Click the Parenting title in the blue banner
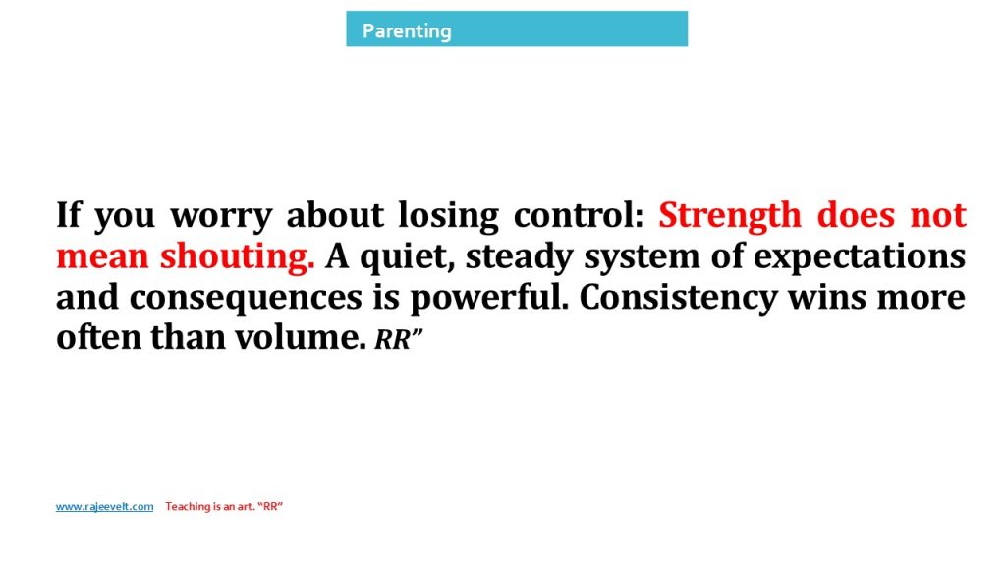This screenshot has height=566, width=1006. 407,30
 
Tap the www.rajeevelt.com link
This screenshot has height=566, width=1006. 104,506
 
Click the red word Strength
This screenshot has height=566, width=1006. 730,216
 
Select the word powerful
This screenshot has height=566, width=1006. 489,298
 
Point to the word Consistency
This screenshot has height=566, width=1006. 678,298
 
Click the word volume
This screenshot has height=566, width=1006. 301,337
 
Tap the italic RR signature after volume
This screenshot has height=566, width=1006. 398,339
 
